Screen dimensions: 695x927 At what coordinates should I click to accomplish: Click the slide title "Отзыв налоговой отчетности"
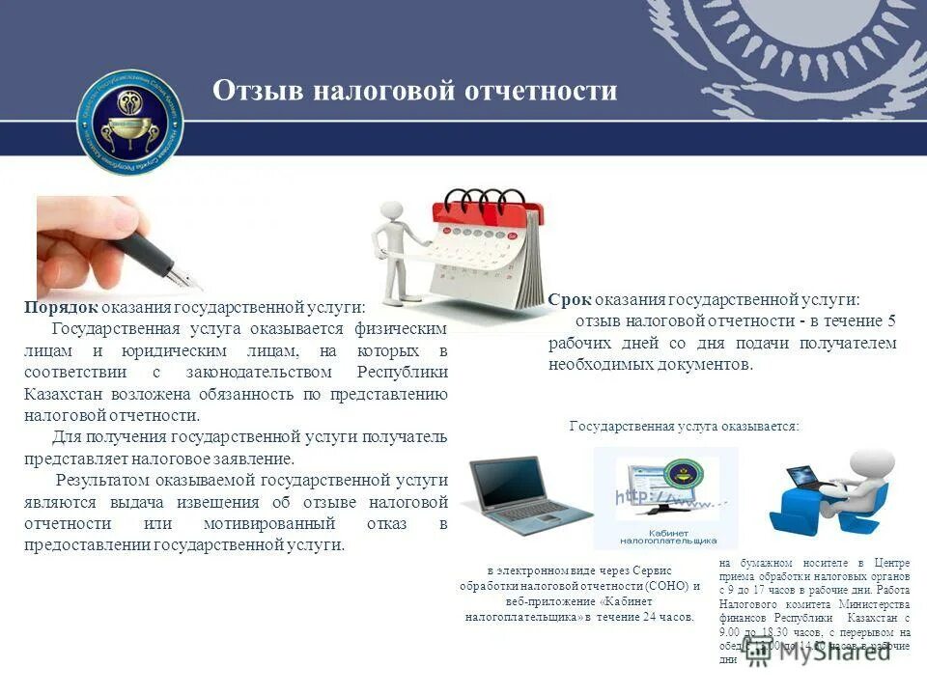[x=414, y=91]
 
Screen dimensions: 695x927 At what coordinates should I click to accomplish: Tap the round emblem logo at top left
[x=130, y=122]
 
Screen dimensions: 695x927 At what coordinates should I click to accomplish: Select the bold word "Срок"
[x=569, y=300]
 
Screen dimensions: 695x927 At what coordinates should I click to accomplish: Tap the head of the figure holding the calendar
[x=391, y=211]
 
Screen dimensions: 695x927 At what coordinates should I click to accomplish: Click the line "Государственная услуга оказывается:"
[x=684, y=426]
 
